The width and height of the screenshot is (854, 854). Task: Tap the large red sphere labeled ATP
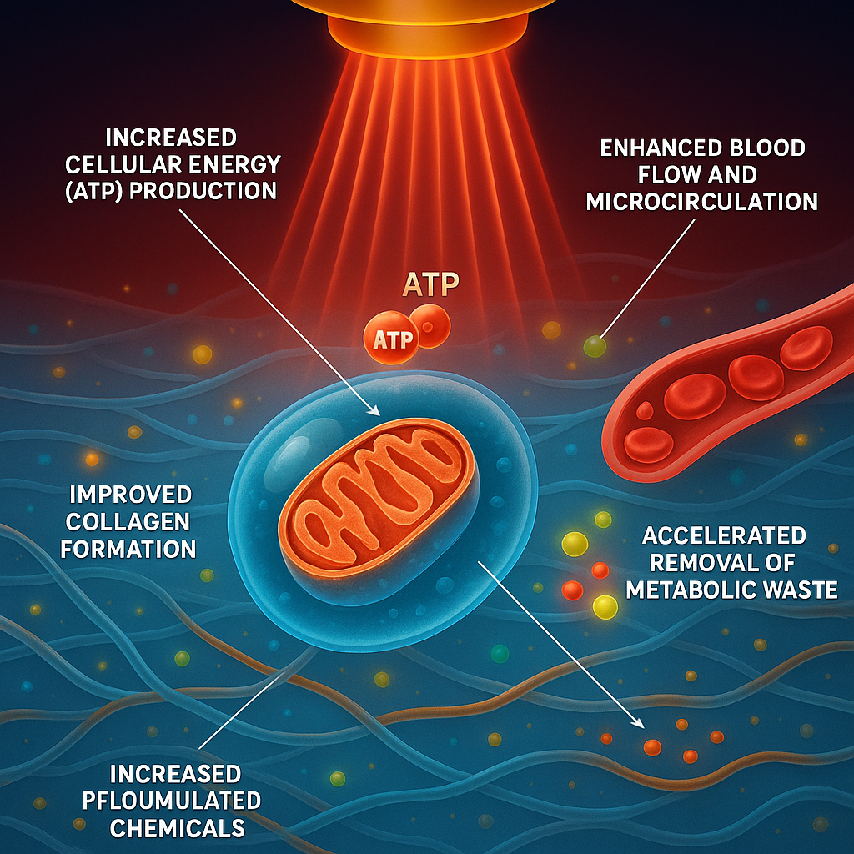(389, 338)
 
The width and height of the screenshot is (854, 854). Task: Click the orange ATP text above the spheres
(430, 284)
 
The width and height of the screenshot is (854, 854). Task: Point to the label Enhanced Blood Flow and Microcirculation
(701, 175)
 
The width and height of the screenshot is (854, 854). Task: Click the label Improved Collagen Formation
(130, 520)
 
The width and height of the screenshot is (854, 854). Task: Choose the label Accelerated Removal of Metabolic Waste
(731, 562)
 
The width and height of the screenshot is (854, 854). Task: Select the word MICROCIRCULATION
(701, 203)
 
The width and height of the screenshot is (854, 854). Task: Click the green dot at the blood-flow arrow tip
(594, 344)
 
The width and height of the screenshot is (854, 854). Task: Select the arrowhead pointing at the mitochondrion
(375, 409)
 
